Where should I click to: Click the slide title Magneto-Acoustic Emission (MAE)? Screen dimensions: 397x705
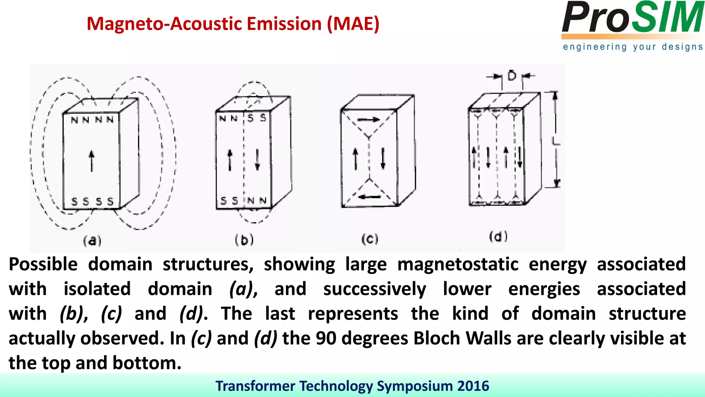233,24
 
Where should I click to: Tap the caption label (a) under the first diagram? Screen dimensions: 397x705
92,241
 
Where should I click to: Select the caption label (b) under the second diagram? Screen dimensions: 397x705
244,240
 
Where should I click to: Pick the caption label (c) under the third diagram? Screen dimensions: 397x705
370,238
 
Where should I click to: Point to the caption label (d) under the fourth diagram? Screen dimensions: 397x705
498,236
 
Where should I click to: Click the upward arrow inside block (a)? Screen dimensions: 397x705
92,161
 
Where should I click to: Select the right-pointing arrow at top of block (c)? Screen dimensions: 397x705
368,120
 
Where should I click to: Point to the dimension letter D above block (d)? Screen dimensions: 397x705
512,75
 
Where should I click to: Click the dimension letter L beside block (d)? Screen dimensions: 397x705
556,141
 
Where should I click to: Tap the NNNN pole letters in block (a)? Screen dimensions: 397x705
92,120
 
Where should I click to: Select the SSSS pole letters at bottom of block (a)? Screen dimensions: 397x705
92,201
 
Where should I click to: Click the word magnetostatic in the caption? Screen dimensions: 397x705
457,264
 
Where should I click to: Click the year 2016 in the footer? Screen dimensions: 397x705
473,386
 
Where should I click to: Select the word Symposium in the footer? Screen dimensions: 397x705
414,386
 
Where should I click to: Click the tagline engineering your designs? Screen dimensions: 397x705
633,47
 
